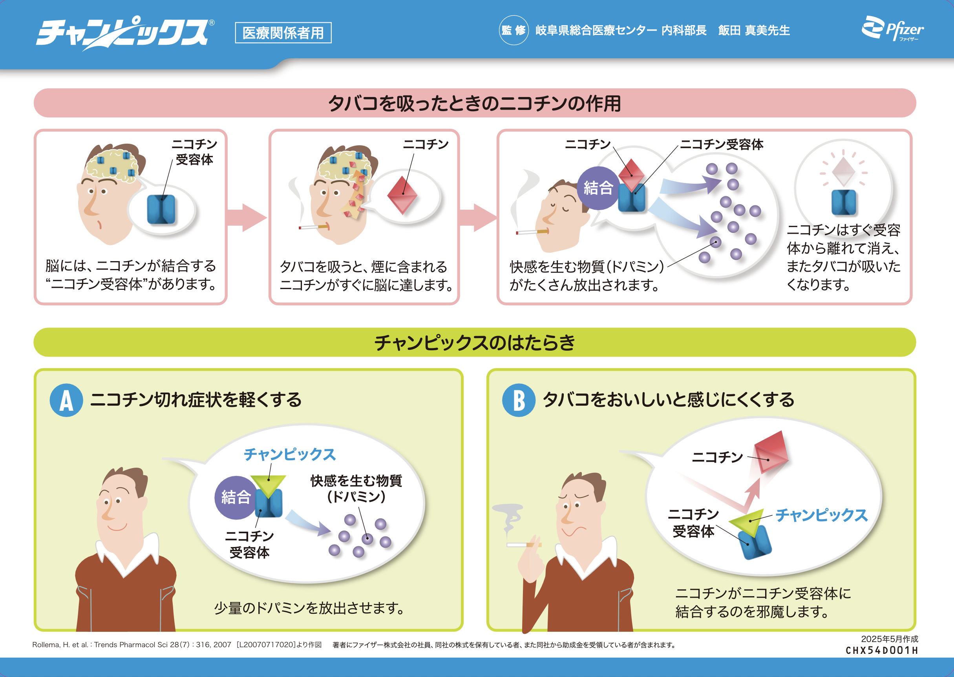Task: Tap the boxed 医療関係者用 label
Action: [x=283, y=33]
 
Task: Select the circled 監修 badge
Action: [x=514, y=30]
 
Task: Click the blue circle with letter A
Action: [x=66, y=400]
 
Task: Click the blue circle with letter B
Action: [x=519, y=400]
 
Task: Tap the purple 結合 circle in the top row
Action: [x=598, y=188]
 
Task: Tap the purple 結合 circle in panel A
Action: [x=236, y=497]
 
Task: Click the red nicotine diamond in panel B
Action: [x=771, y=452]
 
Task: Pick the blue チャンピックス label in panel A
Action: [x=290, y=454]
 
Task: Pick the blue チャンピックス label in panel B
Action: [x=821, y=515]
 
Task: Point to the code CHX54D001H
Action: [x=881, y=650]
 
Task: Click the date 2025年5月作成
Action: [x=889, y=639]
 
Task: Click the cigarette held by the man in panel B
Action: [x=523, y=544]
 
